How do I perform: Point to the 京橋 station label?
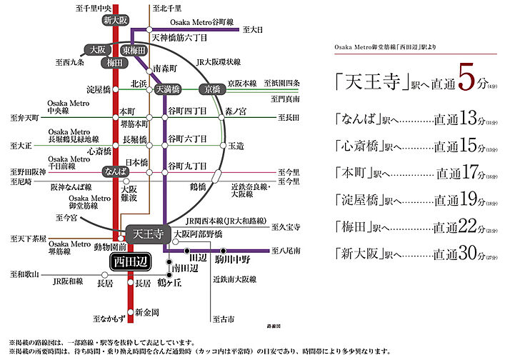[214, 89]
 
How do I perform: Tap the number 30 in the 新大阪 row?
[467, 254]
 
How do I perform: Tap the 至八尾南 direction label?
[286, 251]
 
